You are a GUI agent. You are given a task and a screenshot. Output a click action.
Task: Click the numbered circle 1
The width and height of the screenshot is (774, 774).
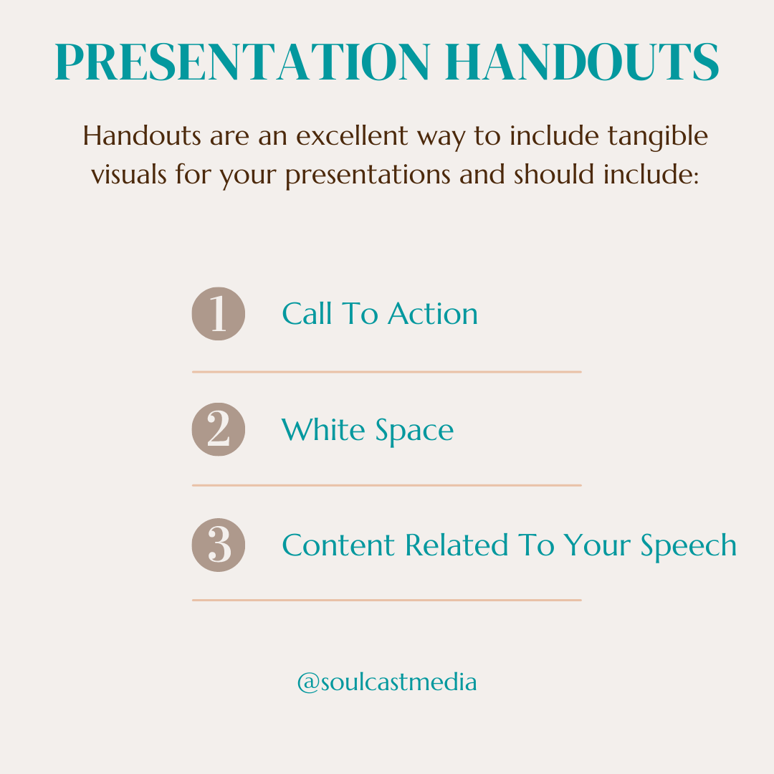pyautogui.click(x=219, y=314)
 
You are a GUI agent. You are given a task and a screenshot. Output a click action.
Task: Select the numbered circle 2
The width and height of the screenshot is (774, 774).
pyautogui.click(x=219, y=429)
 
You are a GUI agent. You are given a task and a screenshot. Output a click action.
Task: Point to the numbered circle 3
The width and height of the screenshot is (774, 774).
pyautogui.click(x=219, y=545)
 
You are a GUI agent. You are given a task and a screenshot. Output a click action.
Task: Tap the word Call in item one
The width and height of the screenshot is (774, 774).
pyautogui.click(x=307, y=314)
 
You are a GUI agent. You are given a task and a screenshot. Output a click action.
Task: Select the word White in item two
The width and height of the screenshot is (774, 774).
pyautogui.click(x=318, y=430)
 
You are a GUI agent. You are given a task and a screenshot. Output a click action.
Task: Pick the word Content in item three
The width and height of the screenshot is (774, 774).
pyautogui.click(x=339, y=545)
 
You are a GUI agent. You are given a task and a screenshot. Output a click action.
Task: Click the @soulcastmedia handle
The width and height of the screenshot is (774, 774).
pyautogui.click(x=387, y=682)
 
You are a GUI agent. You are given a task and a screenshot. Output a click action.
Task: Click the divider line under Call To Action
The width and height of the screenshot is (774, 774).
pyautogui.click(x=386, y=372)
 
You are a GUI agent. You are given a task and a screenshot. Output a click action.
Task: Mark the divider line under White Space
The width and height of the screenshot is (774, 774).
pyautogui.click(x=386, y=485)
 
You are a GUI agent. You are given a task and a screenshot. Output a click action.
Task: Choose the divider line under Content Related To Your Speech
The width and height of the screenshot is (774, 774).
pyautogui.click(x=386, y=600)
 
